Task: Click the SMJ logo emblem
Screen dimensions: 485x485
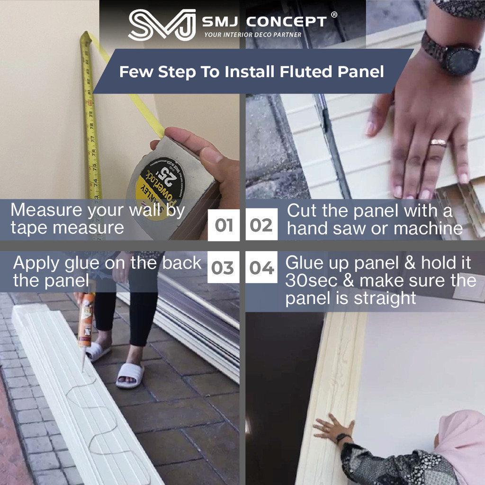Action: point(162,25)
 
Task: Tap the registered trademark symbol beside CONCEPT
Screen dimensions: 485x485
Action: point(334,15)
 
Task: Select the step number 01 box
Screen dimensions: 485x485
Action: point(224,225)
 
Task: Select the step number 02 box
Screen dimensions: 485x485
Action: point(261,225)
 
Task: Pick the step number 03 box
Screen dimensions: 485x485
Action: point(224,267)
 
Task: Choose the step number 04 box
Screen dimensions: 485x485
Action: point(261,267)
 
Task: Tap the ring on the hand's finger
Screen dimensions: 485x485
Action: point(438,143)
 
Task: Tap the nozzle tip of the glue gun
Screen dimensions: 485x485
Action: point(83,370)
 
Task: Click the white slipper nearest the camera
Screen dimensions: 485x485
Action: point(130,375)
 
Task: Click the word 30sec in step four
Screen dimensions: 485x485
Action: point(311,280)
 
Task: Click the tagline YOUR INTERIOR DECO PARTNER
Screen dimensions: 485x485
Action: point(253,35)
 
